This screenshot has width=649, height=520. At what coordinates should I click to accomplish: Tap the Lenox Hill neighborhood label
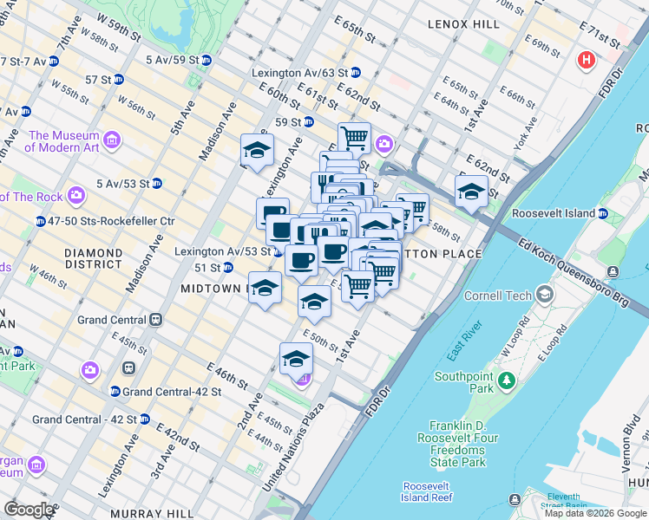pos(464,24)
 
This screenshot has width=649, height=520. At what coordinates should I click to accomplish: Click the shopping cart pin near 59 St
pos(354,138)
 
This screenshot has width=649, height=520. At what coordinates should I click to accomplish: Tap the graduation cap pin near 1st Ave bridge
pos(471,192)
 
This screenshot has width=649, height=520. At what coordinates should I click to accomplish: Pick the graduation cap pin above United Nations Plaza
pos(296,358)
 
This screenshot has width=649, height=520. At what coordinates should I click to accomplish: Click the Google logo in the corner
pos(29,510)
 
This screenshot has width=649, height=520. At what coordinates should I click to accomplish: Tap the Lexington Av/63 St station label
pos(300,73)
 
